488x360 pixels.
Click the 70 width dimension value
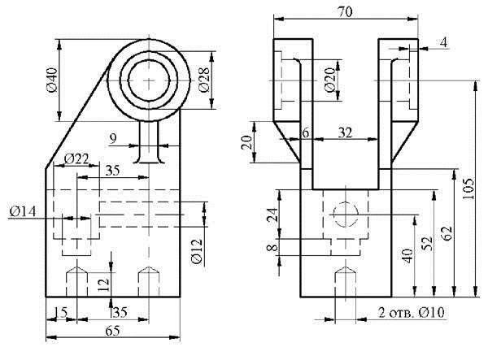[x=345, y=11]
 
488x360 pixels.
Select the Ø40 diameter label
[x=53, y=80]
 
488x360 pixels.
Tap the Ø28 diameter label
[x=204, y=80]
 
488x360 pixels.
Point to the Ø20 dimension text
[x=330, y=80]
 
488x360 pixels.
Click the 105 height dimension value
[x=468, y=189]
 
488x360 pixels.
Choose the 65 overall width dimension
[x=112, y=331]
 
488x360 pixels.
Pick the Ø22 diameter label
[x=76, y=158]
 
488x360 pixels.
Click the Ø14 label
[x=23, y=212]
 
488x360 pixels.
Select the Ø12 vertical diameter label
[x=197, y=251]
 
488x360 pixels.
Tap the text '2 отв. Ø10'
[x=412, y=312]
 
